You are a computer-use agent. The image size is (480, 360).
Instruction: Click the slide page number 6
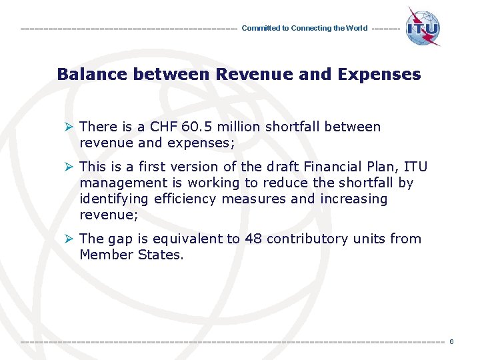coord(451,342)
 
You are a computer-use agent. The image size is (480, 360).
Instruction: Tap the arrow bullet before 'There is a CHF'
coord(69,127)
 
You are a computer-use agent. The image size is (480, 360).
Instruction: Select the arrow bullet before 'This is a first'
coord(69,167)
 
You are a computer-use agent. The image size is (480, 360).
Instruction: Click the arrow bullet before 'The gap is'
coord(69,239)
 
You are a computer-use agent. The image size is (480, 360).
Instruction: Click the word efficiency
coord(180,199)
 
